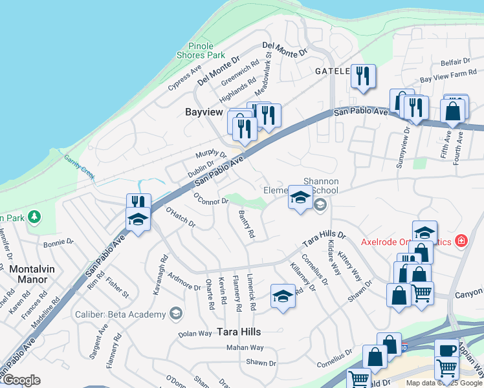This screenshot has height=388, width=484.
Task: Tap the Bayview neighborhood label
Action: coord(204,112)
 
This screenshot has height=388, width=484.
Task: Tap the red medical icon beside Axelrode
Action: coord(461,241)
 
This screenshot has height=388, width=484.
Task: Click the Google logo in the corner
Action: coord(21,380)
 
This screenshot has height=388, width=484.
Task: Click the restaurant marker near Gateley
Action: coord(363,76)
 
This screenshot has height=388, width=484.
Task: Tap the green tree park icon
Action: coord(32,217)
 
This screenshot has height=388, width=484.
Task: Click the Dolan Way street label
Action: coord(195,334)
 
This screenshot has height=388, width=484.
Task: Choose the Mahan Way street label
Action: coord(245,348)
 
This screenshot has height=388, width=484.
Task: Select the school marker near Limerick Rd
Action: coord(283,296)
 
